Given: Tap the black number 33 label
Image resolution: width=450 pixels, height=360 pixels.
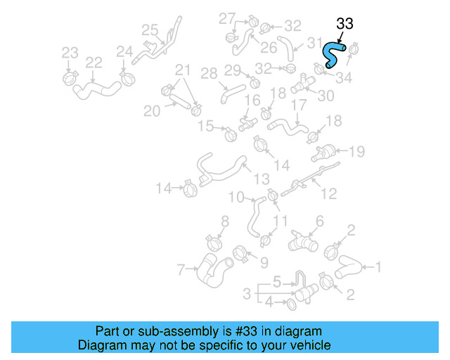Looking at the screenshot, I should [345, 24].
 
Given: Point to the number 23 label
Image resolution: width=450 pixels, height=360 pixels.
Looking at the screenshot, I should [70, 53].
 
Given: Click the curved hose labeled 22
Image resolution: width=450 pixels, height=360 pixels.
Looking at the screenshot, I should [98, 88].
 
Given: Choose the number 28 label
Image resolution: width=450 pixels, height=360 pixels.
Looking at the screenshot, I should [209, 73].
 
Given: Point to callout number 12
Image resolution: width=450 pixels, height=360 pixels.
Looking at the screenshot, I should [328, 193].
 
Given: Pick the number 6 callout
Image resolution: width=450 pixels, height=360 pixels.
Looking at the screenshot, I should [320, 221].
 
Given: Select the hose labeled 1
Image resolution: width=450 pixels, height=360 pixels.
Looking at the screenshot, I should [349, 267].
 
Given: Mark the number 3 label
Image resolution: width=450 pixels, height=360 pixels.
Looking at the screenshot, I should [247, 292].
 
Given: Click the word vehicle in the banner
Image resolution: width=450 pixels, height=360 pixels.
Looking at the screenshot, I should [310, 346].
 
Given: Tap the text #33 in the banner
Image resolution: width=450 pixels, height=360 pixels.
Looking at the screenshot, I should [245, 331].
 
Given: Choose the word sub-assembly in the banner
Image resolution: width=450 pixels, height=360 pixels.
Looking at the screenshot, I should [169, 331].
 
